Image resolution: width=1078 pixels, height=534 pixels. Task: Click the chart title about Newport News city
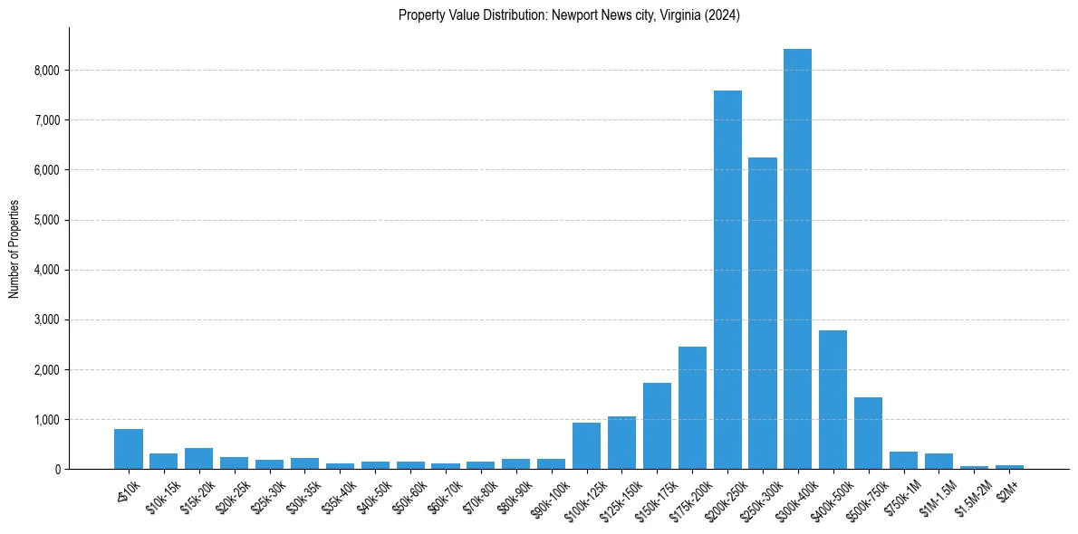(569, 15)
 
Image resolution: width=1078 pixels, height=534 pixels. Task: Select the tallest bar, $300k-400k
(797, 259)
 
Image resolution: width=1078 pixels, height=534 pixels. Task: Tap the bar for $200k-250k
(727, 280)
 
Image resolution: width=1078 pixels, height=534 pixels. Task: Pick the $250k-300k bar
(763, 313)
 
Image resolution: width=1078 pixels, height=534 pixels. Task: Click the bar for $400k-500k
(833, 399)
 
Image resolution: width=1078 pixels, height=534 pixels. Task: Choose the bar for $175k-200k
(692, 407)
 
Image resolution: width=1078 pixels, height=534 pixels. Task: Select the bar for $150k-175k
(657, 425)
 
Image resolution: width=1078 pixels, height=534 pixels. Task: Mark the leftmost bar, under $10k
(129, 449)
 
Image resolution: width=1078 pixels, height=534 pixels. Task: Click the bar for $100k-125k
(586, 445)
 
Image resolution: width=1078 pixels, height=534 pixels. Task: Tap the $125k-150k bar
(621, 443)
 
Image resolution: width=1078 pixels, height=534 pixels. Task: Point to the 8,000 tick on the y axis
(44, 71)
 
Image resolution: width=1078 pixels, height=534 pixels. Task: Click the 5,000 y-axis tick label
(44, 220)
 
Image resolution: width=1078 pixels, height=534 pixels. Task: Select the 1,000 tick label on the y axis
(44, 420)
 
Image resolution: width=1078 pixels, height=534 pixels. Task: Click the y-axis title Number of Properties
(14, 248)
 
